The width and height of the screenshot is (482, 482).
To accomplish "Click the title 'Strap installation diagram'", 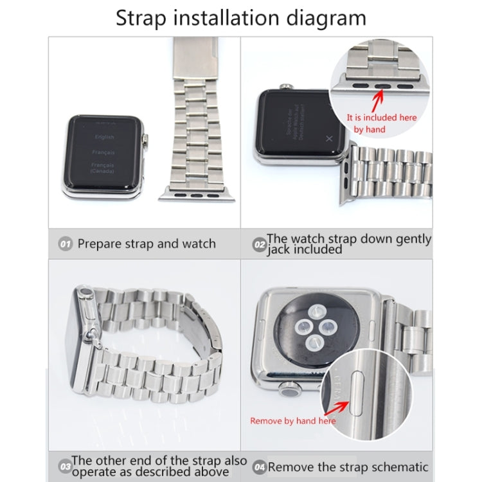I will [241, 17].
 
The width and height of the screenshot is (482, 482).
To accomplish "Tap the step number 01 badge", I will [65, 244].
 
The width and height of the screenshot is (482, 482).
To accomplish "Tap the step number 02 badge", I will [259, 244].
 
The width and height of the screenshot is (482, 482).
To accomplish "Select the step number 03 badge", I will [64, 466].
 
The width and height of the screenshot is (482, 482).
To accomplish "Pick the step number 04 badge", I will [259, 466].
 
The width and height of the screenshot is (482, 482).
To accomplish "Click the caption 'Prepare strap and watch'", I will [147, 244].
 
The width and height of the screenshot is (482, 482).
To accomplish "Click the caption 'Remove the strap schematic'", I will [348, 467].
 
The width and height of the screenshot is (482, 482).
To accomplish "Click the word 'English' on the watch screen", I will [104, 137].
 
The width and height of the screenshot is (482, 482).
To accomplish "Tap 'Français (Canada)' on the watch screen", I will [103, 168].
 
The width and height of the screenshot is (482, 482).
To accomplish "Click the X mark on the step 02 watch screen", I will [329, 138].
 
